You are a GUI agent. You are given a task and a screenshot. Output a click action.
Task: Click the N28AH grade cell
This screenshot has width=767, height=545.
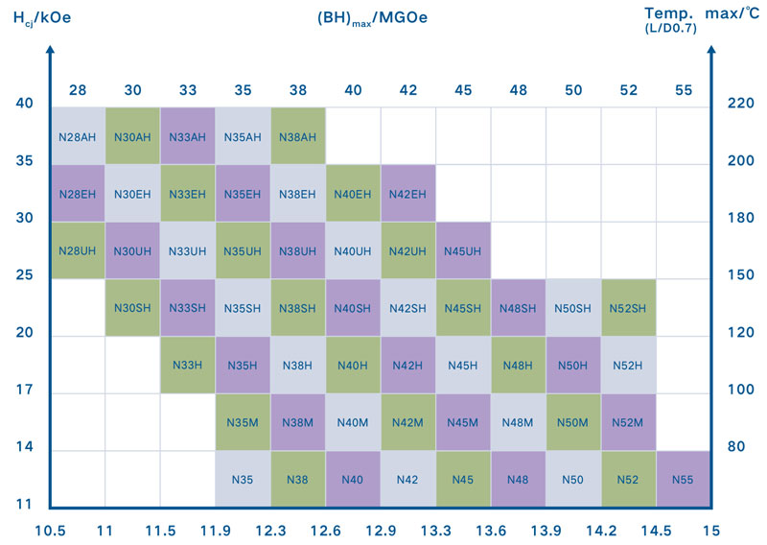pos(78,136)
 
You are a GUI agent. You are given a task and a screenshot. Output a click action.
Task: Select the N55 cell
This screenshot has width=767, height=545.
pos(683,479)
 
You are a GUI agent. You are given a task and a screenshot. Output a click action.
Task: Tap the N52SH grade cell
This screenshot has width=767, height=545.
pos(628,308)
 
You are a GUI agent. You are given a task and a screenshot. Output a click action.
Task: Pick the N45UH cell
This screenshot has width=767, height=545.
pos(463,250)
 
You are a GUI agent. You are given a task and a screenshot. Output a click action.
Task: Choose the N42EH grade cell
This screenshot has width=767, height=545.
pos(408,193)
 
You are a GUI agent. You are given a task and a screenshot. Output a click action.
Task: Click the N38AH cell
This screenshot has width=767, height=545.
pos(298,136)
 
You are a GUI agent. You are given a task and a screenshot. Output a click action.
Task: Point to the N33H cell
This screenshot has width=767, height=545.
pos(188,365)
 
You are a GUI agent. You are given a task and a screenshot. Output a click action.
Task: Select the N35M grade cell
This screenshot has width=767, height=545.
pos(243,422)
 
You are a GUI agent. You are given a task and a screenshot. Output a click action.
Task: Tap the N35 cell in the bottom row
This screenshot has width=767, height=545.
pos(243,479)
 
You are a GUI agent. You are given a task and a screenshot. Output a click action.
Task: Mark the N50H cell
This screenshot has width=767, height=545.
pos(573,365)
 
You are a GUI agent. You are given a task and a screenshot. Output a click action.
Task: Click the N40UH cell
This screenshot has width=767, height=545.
pos(353,250)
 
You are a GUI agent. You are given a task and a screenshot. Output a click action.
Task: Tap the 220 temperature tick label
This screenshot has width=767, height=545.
pos(729,104)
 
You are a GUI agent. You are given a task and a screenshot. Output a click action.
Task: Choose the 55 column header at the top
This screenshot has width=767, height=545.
pos(683,90)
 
